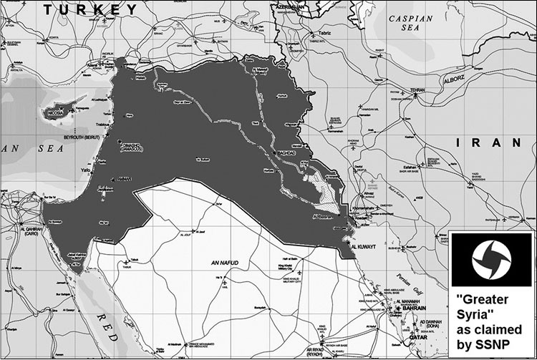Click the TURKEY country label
89,9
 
